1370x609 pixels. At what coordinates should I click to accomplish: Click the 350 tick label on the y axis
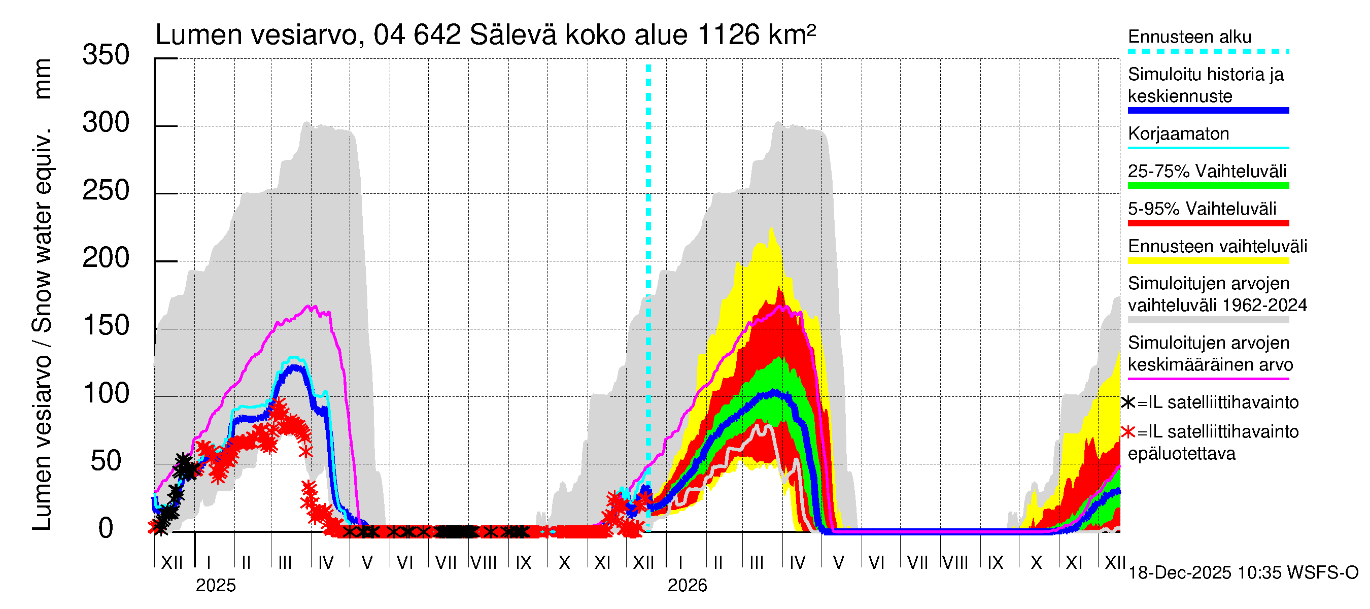[106, 55]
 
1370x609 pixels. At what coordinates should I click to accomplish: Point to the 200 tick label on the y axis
[106, 258]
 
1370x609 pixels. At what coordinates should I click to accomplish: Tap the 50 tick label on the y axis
[106, 462]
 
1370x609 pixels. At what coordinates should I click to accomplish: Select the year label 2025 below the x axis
[215, 586]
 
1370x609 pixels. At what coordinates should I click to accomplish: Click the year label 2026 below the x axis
[687, 586]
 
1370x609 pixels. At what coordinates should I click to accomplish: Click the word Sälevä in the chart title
[513, 35]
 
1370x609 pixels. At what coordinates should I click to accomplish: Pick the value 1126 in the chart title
[728, 35]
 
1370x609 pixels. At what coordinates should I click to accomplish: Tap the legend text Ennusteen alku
[1189, 37]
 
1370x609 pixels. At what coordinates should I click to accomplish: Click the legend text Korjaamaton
[1178, 133]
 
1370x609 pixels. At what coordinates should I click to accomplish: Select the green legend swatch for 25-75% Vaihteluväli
[1208, 186]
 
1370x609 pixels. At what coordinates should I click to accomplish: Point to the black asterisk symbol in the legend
[1128, 402]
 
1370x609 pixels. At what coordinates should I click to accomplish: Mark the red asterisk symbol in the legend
[1128, 432]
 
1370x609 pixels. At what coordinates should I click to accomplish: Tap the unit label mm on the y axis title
[43, 79]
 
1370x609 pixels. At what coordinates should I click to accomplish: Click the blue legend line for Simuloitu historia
[1208, 111]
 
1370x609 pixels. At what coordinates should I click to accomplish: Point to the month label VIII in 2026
[955, 562]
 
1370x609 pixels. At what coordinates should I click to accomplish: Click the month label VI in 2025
[405, 562]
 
